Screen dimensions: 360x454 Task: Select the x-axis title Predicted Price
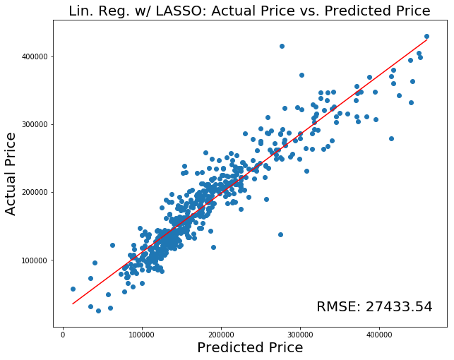click(x=250, y=347)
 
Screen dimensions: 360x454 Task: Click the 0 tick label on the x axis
click(x=63, y=334)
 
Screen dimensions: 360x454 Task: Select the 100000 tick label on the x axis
click(x=142, y=334)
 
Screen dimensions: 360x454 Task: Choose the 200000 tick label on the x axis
click(x=221, y=334)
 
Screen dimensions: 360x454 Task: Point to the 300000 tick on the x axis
click(x=300, y=334)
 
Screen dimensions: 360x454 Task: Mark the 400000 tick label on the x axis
click(x=379, y=334)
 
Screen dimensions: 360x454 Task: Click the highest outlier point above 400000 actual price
click(x=282, y=46)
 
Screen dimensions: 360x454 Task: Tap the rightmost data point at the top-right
click(x=426, y=36)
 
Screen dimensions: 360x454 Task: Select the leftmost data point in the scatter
click(x=73, y=289)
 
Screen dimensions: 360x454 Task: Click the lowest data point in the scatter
click(x=98, y=311)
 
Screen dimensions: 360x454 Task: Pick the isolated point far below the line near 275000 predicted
click(x=280, y=234)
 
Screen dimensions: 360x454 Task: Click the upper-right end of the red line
click(x=426, y=40)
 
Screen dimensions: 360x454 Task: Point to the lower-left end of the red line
click(x=73, y=304)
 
